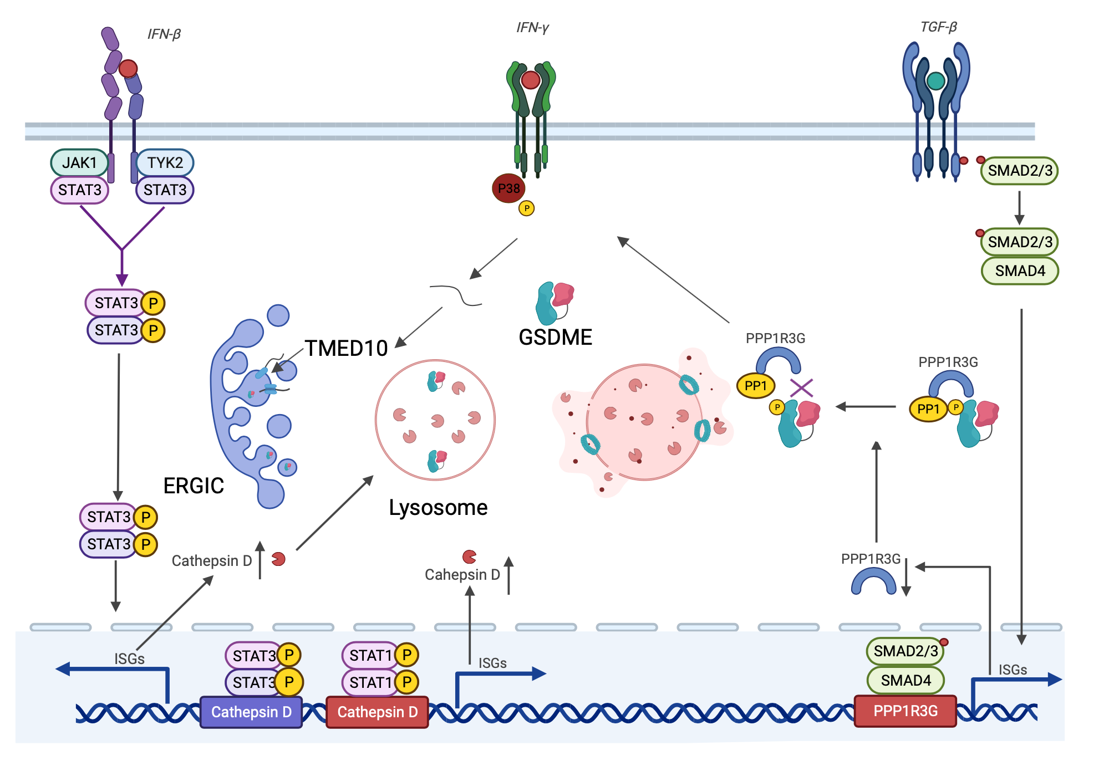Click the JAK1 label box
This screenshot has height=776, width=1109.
[x=79, y=162]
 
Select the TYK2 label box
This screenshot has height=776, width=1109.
[x=165, y=162]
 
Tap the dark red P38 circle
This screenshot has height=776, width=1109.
[x=508, y=188]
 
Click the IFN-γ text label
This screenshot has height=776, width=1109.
[x=532, y=28]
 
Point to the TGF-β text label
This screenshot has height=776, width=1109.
[x=939, y=27]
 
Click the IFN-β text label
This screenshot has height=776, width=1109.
[x=164, y=34]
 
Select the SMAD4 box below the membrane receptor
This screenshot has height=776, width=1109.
[x=1020, y=270]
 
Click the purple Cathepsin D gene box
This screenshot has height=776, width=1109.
[x=251, y=712]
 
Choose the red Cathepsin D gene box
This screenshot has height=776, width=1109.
[x=377, y=712]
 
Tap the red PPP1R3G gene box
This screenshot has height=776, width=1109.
[x=905, y=711]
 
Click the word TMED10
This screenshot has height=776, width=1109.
[x=346, y=348]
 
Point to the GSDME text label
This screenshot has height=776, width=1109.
[x=555, y=337]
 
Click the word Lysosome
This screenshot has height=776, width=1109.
[x=438, y=507]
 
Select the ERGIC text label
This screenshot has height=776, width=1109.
[x=194, y=486]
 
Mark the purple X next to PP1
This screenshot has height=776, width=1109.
[x=801, y=388]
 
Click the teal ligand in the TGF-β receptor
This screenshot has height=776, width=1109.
[x=936, y=81]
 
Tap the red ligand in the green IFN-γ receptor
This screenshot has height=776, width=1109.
[x=531, y=80]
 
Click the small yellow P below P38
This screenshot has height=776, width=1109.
[x=526, y=208]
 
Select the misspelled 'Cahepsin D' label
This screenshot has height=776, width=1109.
[x=462, y=575]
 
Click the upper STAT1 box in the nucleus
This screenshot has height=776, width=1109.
[x=370, y=655]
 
